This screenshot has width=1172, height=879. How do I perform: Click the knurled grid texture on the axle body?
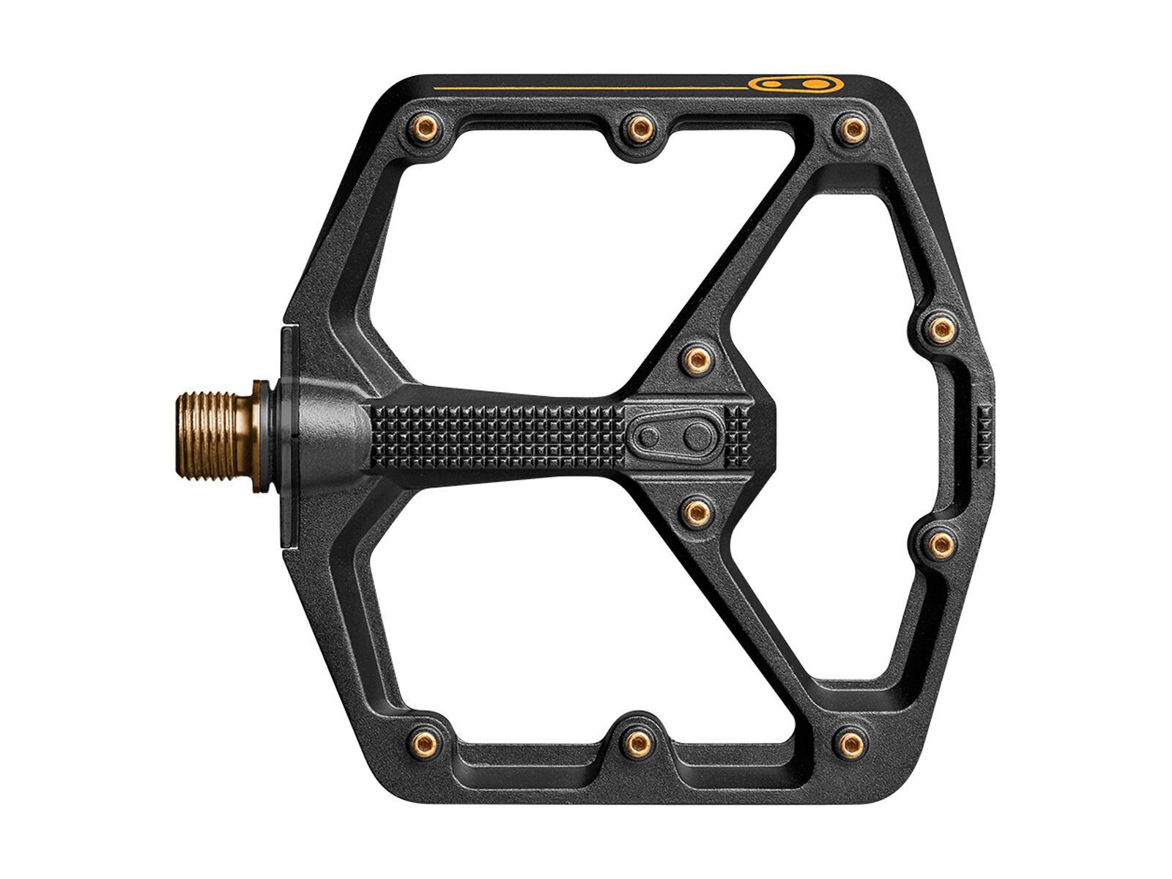(x=498, y=437)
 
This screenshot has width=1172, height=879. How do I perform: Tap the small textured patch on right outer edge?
(x=983, y=437)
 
